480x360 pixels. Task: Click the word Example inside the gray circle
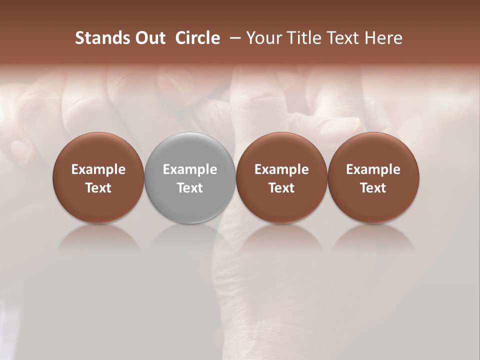(190, 169)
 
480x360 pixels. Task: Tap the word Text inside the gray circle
(190, 188)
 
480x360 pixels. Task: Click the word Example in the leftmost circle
(98, 169)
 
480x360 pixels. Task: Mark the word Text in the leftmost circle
(98, 188)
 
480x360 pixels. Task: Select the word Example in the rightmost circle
(373, 169)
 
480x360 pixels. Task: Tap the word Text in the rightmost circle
(373, 188)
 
